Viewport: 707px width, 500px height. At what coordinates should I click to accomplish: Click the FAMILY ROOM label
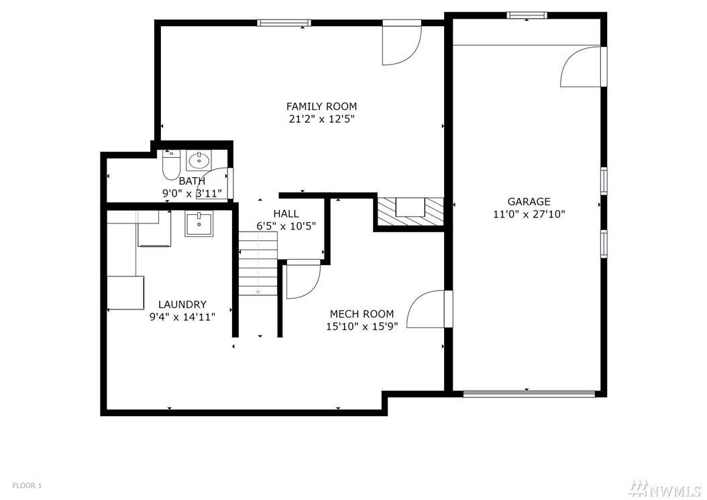(x=321, y=107)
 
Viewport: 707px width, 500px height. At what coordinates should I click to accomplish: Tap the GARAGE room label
(x=529, y=202)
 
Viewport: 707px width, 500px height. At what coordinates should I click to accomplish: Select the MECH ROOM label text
(x=362, y=314)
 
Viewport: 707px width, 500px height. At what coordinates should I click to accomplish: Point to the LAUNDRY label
(x=182, y=305)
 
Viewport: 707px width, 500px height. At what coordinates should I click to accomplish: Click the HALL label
(x=286, y=214)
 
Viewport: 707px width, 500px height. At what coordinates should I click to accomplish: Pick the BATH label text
(x=192, y=181)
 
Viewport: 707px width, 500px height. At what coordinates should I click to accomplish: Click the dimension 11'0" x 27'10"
(x=529, y=214)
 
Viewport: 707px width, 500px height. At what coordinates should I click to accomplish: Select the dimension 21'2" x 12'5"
(x=321, y=119)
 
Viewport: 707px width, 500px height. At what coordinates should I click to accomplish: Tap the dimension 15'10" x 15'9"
(x=362, y=326)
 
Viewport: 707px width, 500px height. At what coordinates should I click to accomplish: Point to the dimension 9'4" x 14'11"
(x=182, y=317)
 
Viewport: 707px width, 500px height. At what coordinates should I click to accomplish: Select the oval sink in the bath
(x=199, y=160)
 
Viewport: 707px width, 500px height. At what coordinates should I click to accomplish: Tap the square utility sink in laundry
(x=198, y=225)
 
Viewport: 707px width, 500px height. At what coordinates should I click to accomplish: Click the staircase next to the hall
(x=258, y=264)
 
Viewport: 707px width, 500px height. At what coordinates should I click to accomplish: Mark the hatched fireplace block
(x=411, y=211)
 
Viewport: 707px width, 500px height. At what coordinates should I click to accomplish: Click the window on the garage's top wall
(x=527, y=15)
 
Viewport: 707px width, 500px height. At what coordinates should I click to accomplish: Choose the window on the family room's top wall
(x=284, y=23)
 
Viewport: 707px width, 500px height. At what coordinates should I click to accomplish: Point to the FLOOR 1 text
(x=27, y=485)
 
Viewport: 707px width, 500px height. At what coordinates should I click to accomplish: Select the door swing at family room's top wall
(x=402, y=42)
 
